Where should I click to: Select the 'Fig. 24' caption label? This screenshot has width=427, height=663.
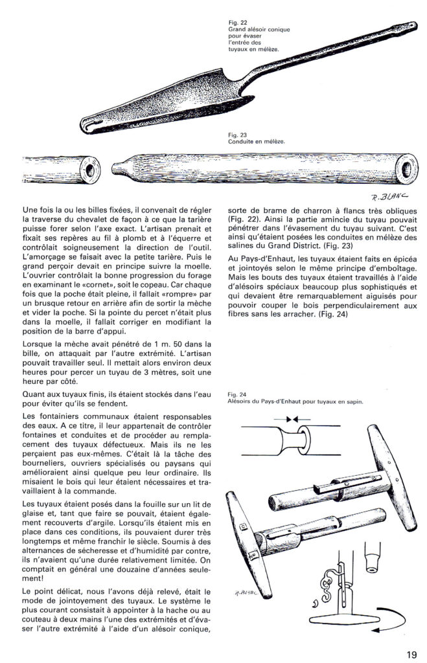(237, 394)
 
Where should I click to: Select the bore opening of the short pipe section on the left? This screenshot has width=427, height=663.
(85, 167)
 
